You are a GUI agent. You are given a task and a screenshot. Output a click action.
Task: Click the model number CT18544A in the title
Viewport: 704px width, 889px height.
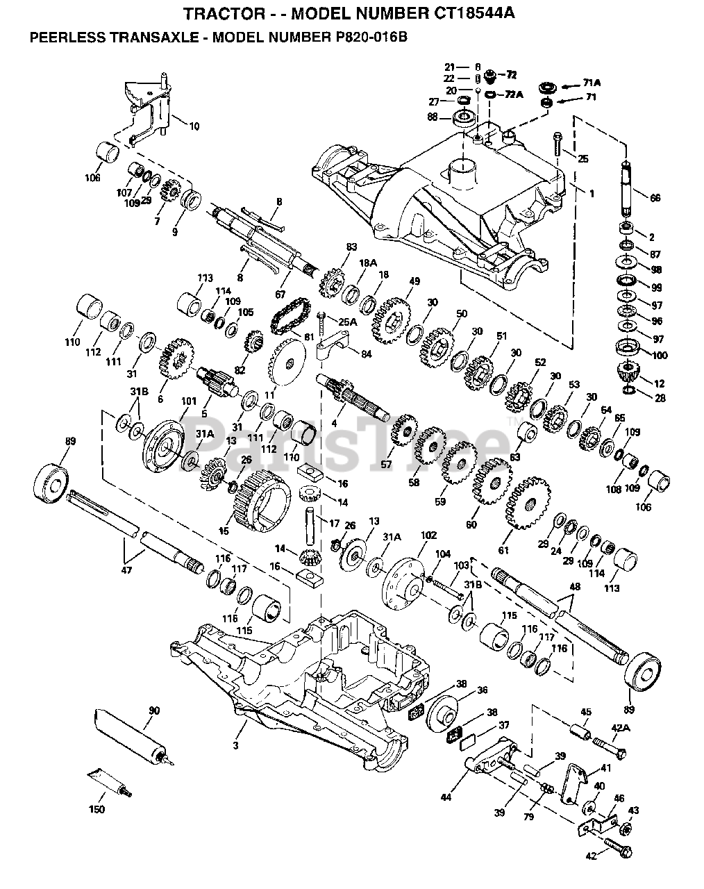(x=454, y=13)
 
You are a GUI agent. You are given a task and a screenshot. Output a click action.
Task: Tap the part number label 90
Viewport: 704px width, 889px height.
(x=154, y=710)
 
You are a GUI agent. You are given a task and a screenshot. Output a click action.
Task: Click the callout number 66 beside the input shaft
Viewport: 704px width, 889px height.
(x=654, y=197)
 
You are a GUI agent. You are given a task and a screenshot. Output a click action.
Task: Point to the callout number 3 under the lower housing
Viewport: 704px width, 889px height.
(x=236, y=745)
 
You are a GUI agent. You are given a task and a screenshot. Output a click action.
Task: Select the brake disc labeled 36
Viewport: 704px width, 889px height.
(x=442, y=715)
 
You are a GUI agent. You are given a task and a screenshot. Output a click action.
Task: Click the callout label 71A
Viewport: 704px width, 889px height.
(x=592, y=83)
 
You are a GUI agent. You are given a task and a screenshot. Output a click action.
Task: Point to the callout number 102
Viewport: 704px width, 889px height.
(x=428, y=535)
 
